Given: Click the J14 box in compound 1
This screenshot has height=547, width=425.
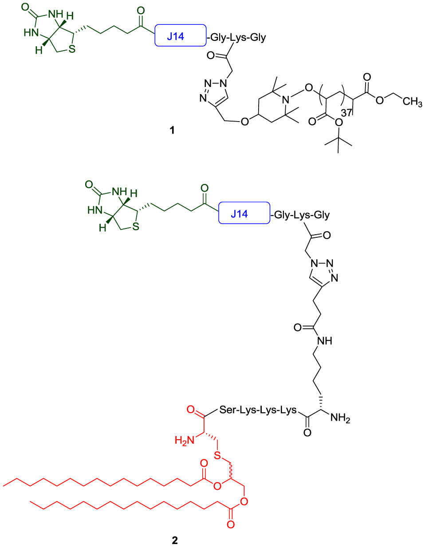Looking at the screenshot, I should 180,36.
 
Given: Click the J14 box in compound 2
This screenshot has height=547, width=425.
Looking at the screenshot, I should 244,213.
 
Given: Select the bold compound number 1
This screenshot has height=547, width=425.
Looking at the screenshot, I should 172,130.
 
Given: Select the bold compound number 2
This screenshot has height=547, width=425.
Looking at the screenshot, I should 175,540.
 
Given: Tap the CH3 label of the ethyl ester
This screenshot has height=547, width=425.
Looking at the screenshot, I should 412,102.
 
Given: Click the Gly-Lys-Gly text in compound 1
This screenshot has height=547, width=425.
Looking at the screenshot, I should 237,37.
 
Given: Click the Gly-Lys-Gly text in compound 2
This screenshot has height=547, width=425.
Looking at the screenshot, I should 302,215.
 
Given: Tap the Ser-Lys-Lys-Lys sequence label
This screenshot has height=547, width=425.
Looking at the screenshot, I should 258,410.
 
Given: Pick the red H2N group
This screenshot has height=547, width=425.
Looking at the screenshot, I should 184,440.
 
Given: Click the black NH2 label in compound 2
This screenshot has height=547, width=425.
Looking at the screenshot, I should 340,418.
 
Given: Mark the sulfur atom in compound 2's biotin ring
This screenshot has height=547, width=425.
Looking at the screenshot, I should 136,227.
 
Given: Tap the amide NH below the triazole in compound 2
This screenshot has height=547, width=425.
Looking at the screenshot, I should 324,341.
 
